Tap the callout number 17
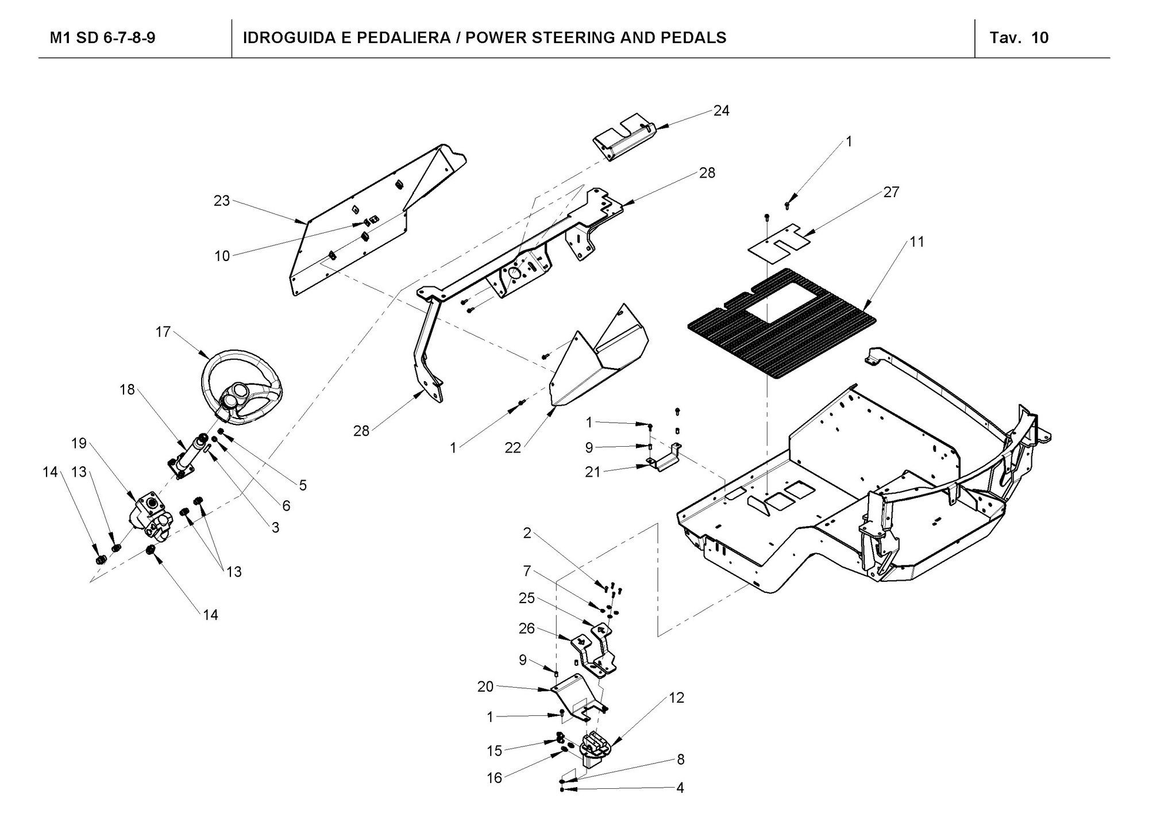point(163,332)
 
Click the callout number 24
point(721,111)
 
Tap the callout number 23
point(222,201)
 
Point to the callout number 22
point(512,448)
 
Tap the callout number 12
point(677,698)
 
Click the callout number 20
point(485,687)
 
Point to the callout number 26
point(527,628)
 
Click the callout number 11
point(917,242)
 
